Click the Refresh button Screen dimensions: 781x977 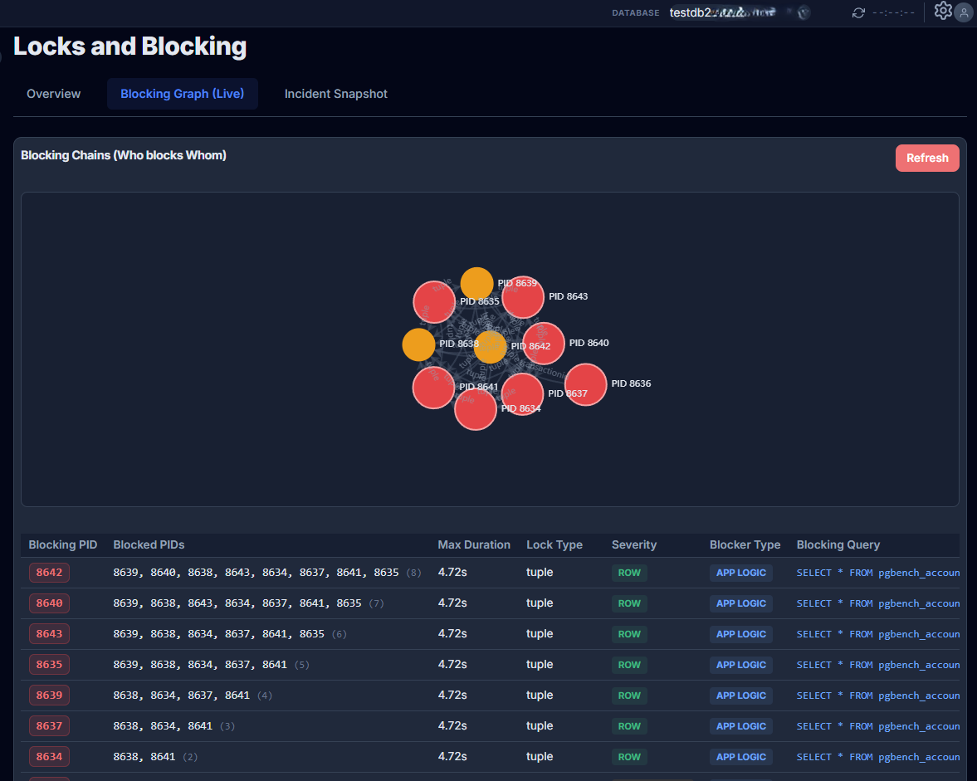926,159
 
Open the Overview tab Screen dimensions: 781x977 53,94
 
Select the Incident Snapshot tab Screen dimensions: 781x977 335,94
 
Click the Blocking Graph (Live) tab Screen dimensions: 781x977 182,94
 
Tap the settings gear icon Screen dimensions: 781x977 942,11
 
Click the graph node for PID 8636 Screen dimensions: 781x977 586,384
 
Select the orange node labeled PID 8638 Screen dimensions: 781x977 418,344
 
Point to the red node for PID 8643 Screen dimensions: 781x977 523,297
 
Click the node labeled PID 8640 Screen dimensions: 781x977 544,344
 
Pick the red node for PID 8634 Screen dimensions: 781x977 476,409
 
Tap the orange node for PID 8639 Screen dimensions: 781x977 476,284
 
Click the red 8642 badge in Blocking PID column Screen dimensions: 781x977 49,573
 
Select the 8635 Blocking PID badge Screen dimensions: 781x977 49,665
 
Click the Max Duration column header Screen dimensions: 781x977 474,545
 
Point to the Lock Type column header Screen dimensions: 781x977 554,545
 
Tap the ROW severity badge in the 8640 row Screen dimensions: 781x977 629,603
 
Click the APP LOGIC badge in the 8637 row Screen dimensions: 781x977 740,726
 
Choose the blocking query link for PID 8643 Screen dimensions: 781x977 877,634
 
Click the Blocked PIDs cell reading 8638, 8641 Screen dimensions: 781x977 155,757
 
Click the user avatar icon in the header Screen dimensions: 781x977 964,12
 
